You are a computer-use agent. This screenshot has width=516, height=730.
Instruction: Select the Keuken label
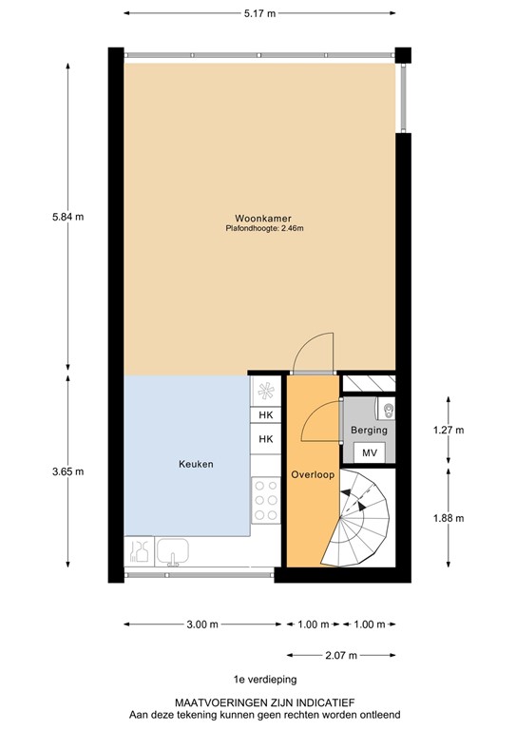(196, 465)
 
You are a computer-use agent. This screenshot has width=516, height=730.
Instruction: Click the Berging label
(369, 431)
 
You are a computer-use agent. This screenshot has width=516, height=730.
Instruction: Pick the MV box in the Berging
(371, 453)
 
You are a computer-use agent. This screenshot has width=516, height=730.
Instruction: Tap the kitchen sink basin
(174, 551)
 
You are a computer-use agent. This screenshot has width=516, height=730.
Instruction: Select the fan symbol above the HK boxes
(266, 390)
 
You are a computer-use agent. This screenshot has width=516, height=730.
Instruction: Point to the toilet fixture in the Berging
(388, 410)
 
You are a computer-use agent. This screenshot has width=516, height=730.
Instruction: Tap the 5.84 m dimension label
(67, 217)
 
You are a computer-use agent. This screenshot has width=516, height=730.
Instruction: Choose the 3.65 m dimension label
(67, 471)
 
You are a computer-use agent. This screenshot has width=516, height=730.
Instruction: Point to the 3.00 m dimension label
(201, 624)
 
